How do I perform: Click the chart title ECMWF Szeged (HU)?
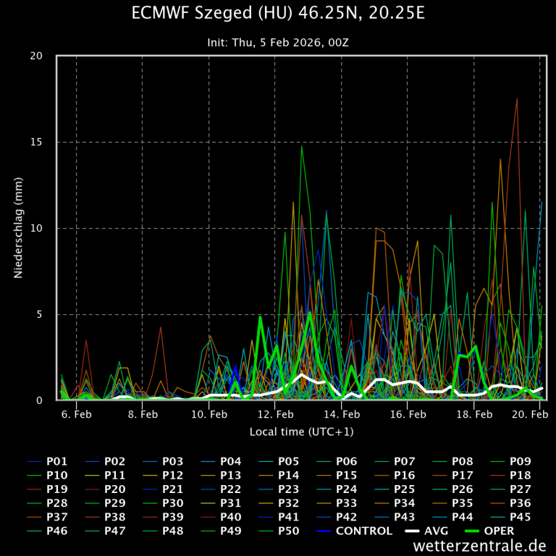point(278,14)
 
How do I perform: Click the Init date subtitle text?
point(278,43)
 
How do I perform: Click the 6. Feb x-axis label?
point(76,414)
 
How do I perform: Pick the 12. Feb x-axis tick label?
point(275,414)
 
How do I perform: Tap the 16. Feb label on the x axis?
point(408,414)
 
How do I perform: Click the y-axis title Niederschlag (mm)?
point(19,228)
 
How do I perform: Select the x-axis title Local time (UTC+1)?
point(301,431)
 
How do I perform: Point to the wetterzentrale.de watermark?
point(479,546)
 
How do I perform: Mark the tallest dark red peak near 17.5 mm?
point(517,99)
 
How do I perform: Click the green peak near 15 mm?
point(302,146)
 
